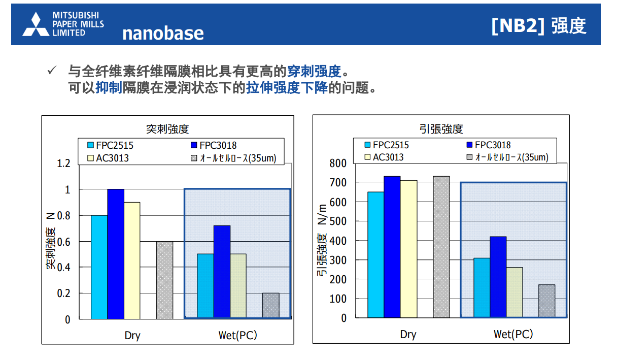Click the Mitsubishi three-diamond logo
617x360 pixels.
click(x=36, y=24)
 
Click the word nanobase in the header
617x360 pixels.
click(x=163, y=34)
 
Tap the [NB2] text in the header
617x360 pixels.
click(x=518, y=26)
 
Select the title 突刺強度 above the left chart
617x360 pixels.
click(x=167, y=129)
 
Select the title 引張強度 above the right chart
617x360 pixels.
click(x=441, y=129)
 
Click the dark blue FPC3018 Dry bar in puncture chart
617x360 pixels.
click(x=116, y=254)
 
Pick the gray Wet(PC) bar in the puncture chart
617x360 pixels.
click(x=271, y=306)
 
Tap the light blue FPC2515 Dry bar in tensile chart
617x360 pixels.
click(x=375, y=255)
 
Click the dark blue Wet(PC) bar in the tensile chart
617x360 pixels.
click(x=498, y=277)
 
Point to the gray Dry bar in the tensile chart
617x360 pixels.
click(x=441, y=247)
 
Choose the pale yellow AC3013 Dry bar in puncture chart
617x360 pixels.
click(x=132, y=261)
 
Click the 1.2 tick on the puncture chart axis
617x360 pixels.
click(x=63, y=163)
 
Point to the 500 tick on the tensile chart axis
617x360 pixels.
click(x=338, y=221)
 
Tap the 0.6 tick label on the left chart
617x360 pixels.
click(x=63, y=242)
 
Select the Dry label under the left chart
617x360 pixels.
click(x=132, y=336)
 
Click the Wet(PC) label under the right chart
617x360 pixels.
click(x=513, y=335)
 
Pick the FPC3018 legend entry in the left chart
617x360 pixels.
click(x=214, y=145)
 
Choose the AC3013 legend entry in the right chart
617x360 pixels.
click(x=384, y=157)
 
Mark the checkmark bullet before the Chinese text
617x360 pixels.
click(x=52, y=70)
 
